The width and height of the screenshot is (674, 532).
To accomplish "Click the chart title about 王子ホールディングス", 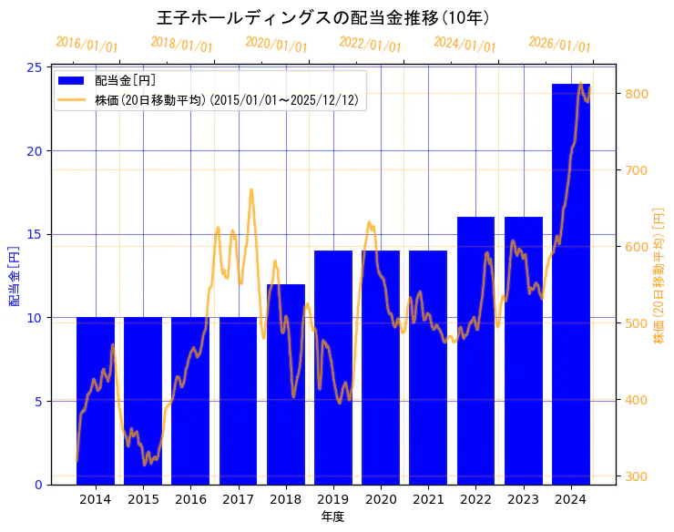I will click(x=323, y=17).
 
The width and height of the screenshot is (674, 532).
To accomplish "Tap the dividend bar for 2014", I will click(x=96, y=401).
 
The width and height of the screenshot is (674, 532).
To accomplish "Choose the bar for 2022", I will click(x=475, y=351).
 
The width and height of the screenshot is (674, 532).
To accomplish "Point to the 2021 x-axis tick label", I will click(x=428, y=499).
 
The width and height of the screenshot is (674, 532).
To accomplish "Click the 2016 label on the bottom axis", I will click(x=190, y=499).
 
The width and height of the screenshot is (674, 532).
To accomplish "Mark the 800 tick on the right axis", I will click(x=637, y=94).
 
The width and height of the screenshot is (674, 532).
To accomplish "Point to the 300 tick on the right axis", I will click(x=637, y=476).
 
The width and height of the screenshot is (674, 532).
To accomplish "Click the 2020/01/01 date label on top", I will click(x=277, y=44).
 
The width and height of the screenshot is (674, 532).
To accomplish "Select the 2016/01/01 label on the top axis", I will click(x=87, y=44).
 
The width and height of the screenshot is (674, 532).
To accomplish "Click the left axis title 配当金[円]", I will click(x=14, y=275).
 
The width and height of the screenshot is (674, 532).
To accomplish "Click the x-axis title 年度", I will click(x=332, y=517).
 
